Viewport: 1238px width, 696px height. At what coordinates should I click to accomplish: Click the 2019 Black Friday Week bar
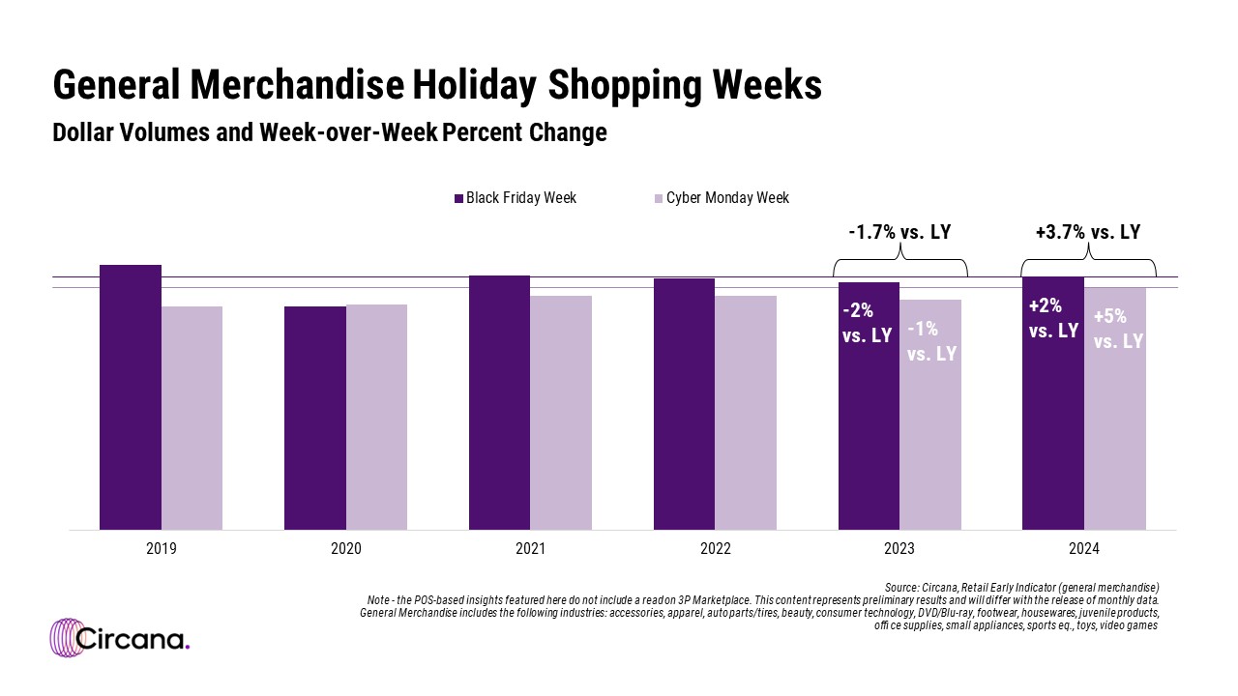click(x=131, y=396)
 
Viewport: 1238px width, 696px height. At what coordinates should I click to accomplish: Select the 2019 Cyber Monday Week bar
click(x=192, y=418)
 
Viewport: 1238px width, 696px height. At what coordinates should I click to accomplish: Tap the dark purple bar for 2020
click(x=314, y=418)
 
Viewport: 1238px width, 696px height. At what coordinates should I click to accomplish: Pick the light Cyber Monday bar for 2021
click(x=561, y=413)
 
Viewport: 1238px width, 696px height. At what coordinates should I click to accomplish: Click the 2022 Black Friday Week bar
click(x=684, y=404)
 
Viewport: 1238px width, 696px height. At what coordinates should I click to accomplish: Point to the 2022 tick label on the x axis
click(x=715, y=548)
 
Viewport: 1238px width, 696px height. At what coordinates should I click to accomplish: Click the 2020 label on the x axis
click(x=345, y=548)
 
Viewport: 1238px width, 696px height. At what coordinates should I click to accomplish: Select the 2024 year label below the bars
click(x=1084, y=548)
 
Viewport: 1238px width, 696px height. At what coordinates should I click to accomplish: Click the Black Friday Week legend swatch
click(x=459, y=198)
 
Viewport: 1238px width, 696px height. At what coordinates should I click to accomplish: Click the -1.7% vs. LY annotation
click(x=900, y=232)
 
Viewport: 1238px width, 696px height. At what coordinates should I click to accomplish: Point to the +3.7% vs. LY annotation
click(x=1088, y=232)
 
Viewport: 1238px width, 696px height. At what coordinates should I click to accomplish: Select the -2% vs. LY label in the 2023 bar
click(x=867, y=324)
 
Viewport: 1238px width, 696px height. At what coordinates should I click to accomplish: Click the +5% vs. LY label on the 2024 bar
click(x=1118, y=329)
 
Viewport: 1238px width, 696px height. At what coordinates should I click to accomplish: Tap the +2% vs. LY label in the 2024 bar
click(x=1053, y=318)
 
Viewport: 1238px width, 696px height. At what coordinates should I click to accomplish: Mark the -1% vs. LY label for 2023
click(x=931, y=341)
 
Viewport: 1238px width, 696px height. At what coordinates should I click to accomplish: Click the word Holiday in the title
click(x=474, y=85)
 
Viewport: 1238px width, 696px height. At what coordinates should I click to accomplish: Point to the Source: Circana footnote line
click(x=1021, y=587)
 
